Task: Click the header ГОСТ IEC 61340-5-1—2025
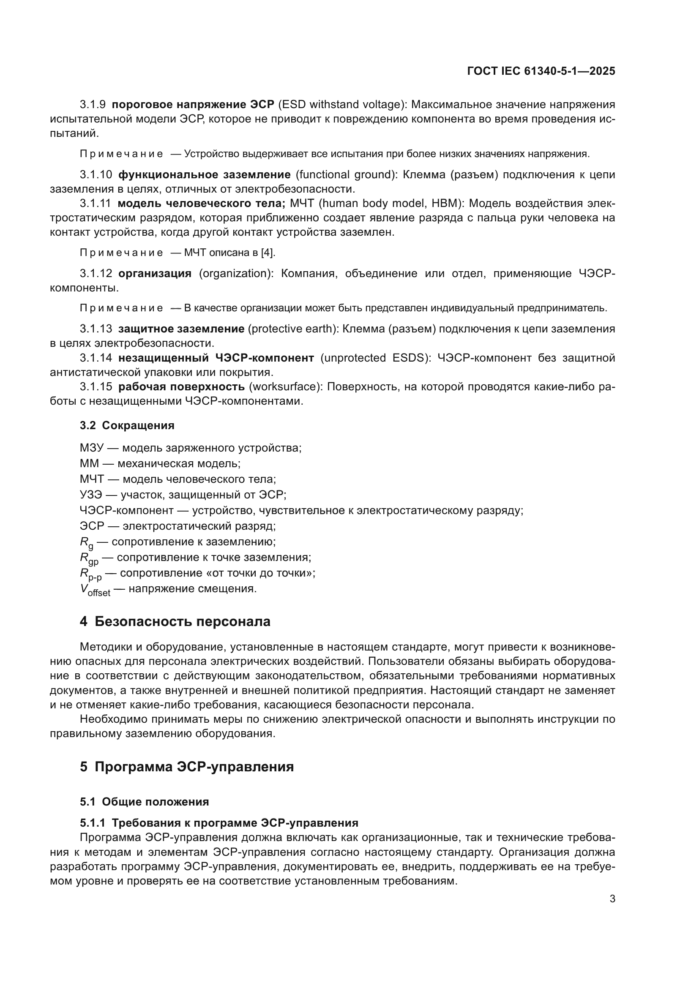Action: coord(541,71)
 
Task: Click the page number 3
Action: coord(612,899)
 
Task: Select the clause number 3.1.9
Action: coord(93,105)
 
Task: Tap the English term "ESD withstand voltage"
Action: coord(342,105)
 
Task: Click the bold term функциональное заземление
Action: coord(205,175)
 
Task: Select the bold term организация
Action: coord(155,274)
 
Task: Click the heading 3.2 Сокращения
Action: coord(127,426)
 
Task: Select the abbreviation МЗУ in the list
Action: coord(92,448)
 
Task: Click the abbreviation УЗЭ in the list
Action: coord(91,495)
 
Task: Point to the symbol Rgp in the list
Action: coord(89,558)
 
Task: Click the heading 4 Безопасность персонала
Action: coord(175,622)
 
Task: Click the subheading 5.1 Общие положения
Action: coord(144,802)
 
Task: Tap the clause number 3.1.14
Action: coord(96,358)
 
